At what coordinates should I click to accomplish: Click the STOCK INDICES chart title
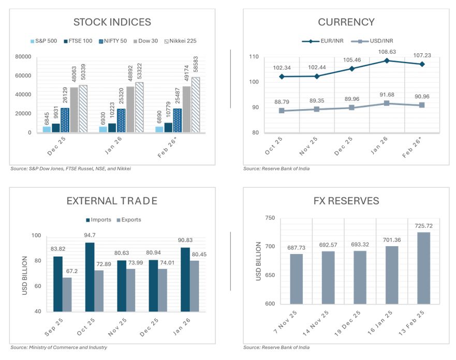(x=112, y=22)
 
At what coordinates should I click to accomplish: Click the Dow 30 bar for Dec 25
(x=74, y=110)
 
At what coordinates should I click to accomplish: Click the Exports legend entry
(x=130, y=220)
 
